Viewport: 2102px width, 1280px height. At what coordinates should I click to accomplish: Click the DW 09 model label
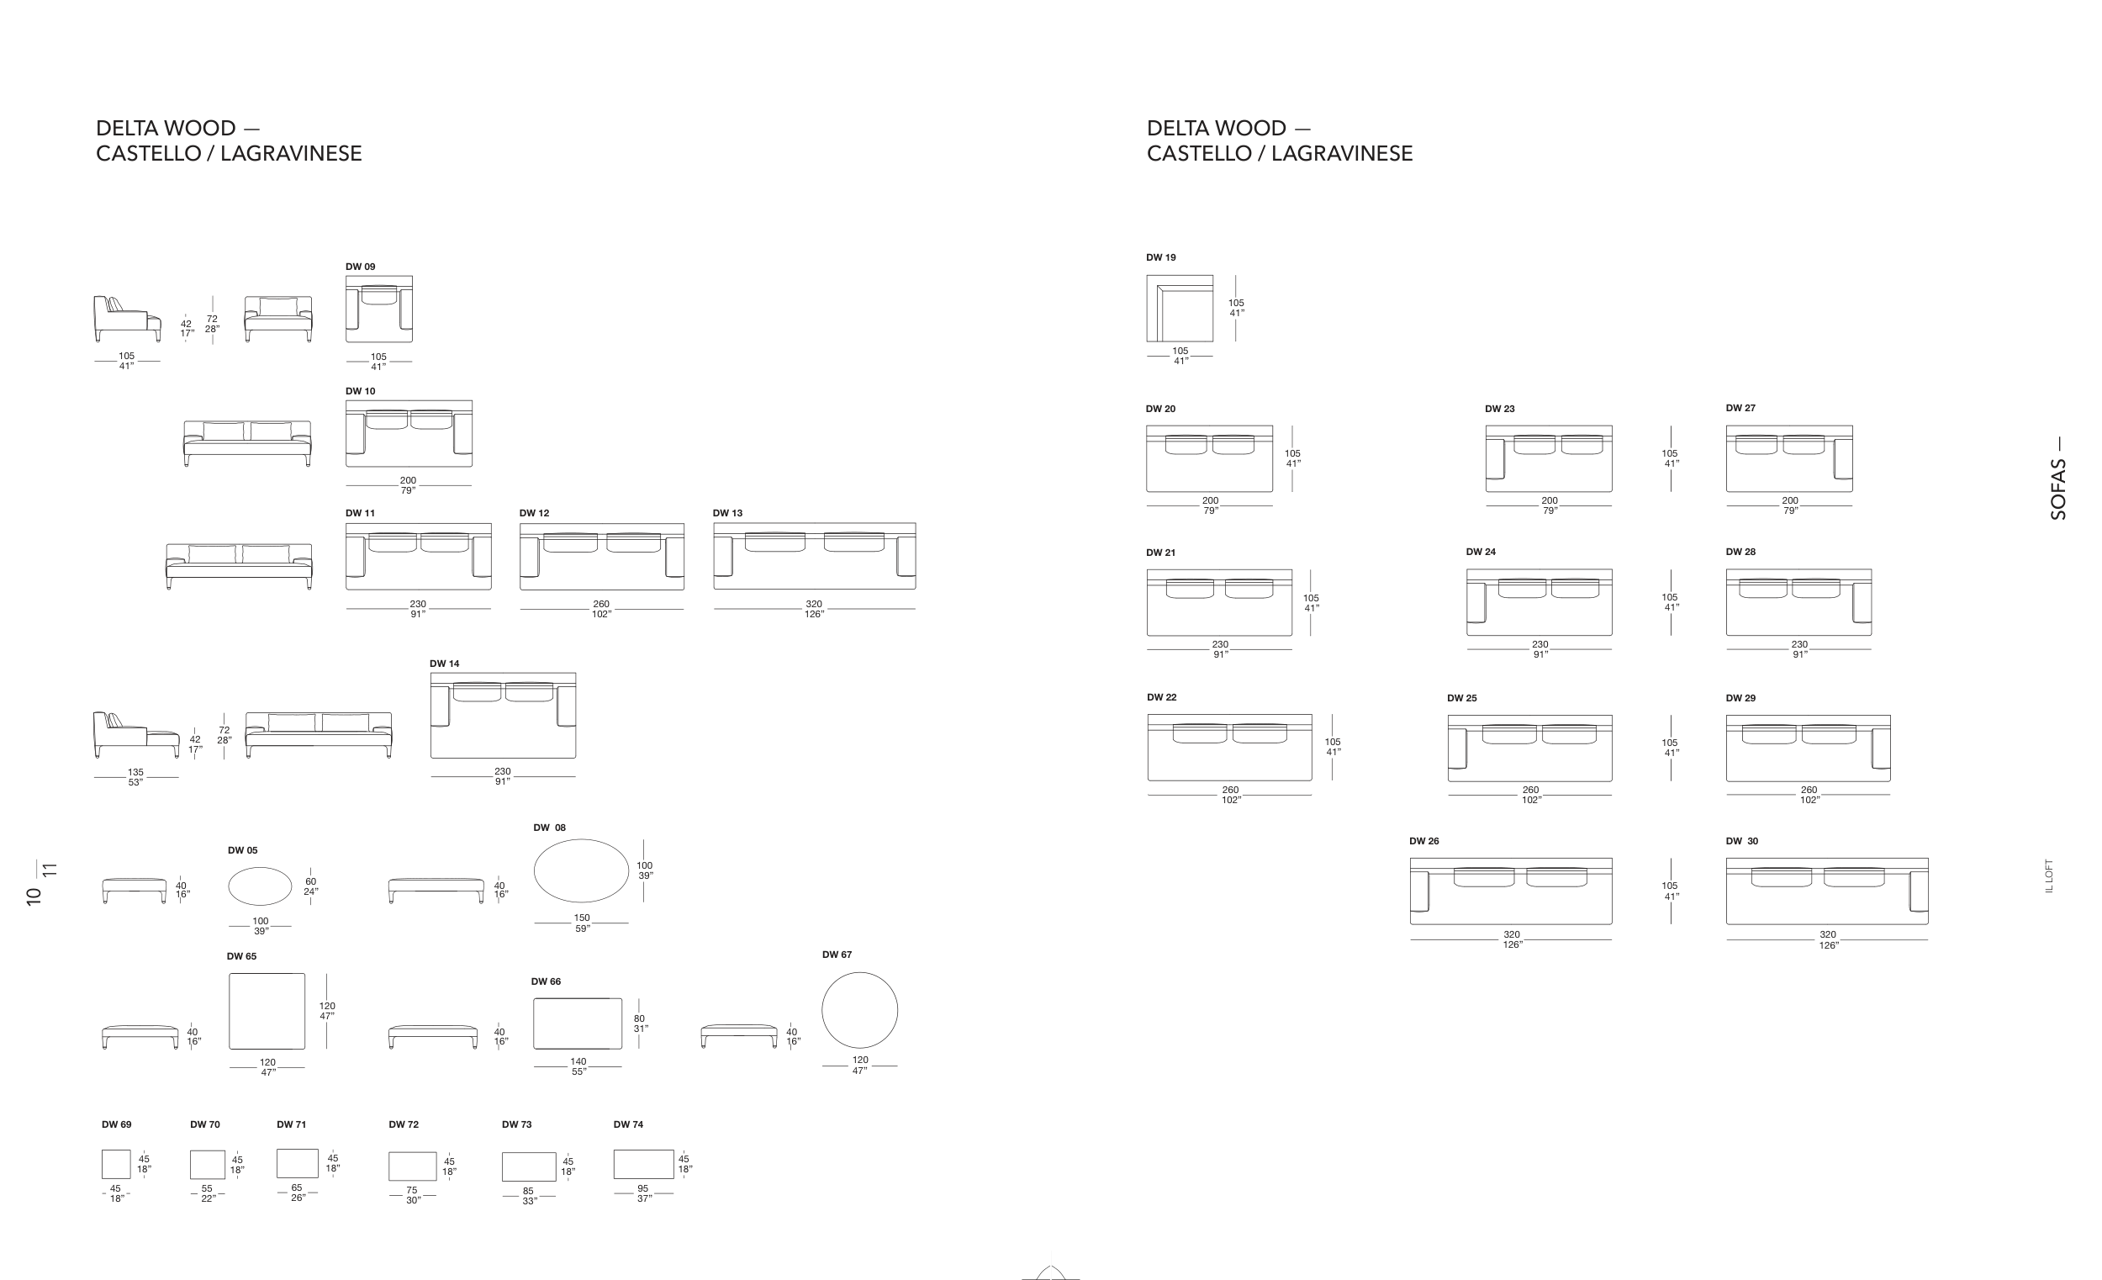point(360,267)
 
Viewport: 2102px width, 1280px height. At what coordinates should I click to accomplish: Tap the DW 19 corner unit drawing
point(1179,308)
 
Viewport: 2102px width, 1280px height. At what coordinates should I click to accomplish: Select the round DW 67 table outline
point(859,1010)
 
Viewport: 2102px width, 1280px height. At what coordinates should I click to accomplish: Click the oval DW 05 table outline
point(260,886)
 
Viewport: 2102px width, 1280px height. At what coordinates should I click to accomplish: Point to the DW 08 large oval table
point(581,870)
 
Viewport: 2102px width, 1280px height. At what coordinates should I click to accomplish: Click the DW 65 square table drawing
point(267,1011)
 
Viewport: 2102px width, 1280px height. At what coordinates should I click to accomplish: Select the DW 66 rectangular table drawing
point(578,1023)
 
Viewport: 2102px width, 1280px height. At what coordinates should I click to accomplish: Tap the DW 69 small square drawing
point(116,1164)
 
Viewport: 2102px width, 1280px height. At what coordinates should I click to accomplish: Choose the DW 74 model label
point(628,1124)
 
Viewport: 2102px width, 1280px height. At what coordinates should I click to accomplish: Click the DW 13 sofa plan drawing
point(814,557)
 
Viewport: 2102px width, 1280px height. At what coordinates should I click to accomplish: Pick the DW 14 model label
point(445,663)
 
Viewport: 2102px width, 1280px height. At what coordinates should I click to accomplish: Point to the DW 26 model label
point(1423,840)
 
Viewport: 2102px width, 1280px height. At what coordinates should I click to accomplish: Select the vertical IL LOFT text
point(2050,875)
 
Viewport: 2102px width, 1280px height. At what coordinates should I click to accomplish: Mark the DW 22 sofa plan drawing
point(1229,748)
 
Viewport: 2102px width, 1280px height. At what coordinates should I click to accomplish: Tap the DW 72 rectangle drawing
point(412,1166)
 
